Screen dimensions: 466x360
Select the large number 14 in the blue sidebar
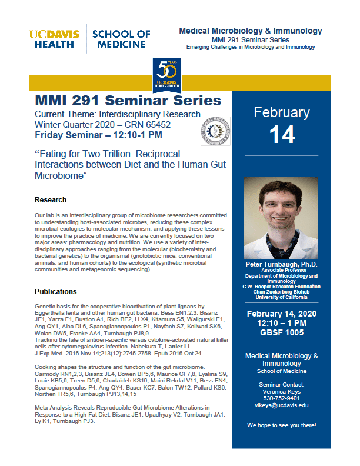(282, 135)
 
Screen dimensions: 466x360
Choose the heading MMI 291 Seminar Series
(128, 101)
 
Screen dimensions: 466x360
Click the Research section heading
(51, 200)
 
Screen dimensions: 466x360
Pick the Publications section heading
(56, 291)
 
